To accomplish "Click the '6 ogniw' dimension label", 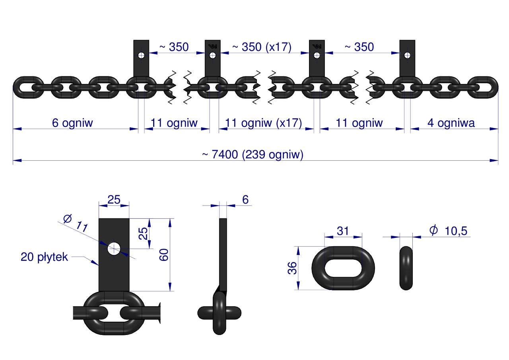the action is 72,123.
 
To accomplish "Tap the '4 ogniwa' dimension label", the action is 451,123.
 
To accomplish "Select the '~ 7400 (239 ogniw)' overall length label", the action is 253,155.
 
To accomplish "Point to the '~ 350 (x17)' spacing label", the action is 262,47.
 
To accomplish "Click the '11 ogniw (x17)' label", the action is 263,123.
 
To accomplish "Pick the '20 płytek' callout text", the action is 44,257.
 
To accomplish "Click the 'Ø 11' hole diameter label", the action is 76,223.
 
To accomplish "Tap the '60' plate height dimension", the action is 164,255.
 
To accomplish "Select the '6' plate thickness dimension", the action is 245,200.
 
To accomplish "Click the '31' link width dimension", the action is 343,231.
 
